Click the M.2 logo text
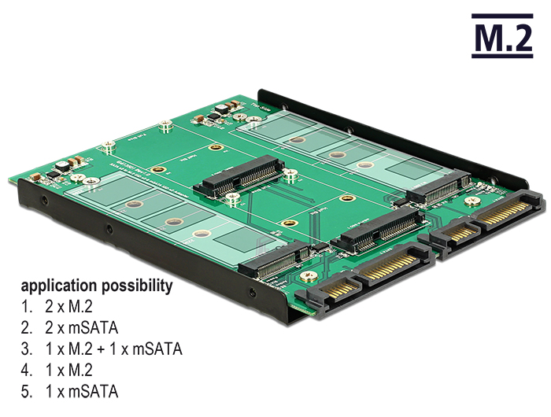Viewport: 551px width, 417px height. [x=502, y=37]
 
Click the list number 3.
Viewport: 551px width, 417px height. [x=27, y=349]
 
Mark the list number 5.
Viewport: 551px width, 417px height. [x=27, y=391]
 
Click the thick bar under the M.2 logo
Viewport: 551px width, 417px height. [x=502, y=55]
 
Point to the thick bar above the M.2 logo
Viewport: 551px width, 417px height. [x=502, y=16]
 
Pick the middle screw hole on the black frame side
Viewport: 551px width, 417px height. [x=109, y=230]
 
